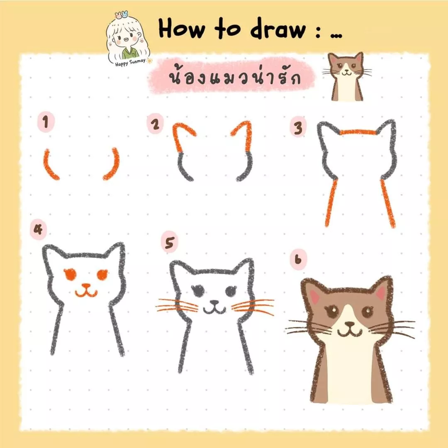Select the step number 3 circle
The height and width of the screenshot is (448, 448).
[298, 128]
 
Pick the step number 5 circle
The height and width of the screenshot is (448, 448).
[169, 244]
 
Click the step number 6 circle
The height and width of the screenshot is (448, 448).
[298, 261]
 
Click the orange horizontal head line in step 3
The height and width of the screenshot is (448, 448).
[358, 132]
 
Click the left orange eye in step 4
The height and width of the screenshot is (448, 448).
[70, 273]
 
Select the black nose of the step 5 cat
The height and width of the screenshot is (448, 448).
[214, 303]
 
